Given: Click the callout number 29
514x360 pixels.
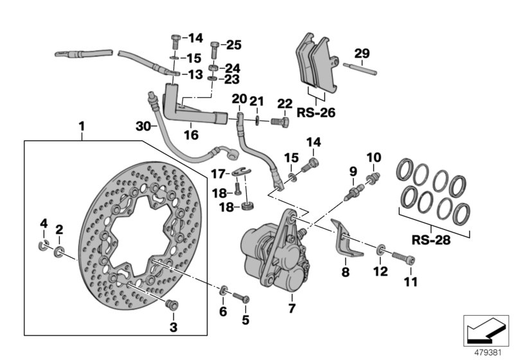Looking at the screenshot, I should [362, 53].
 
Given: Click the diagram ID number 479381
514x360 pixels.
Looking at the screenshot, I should [489, 352].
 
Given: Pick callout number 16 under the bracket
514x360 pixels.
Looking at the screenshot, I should [191, 136].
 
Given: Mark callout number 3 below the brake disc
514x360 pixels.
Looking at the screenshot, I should [172, 328].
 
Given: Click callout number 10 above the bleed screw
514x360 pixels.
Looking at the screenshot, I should [374, 156].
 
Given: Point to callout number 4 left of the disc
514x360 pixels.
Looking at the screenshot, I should [44, 224].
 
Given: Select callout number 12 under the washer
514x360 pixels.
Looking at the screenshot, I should [381, 272].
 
